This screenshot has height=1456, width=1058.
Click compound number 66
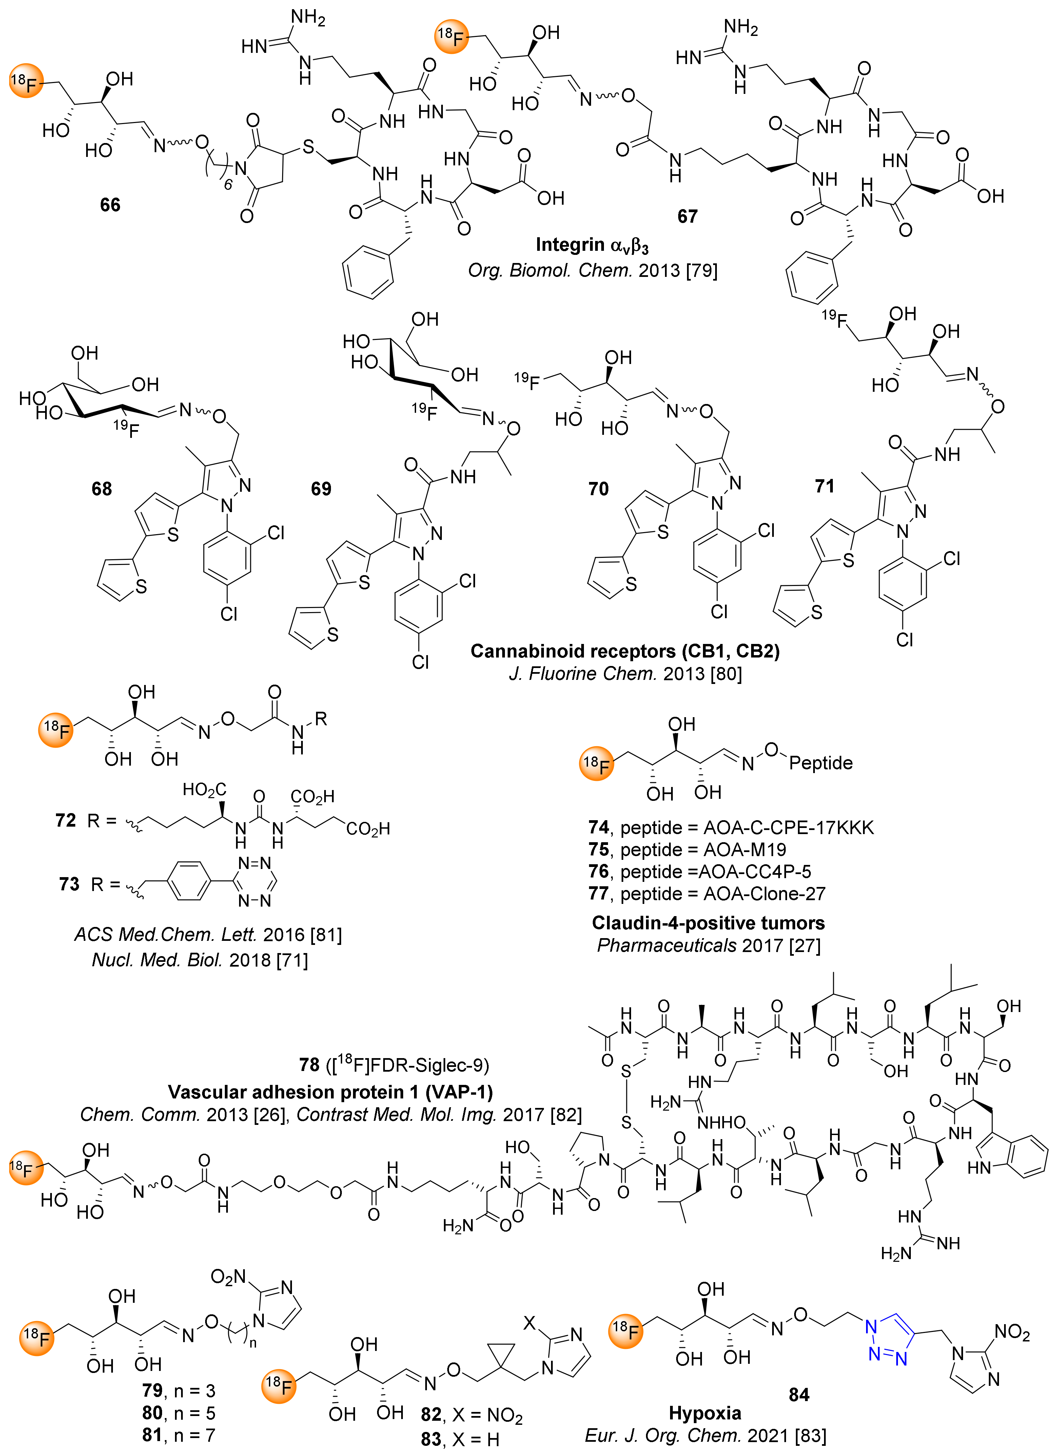pyautogui.click(x=110, y=205)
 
